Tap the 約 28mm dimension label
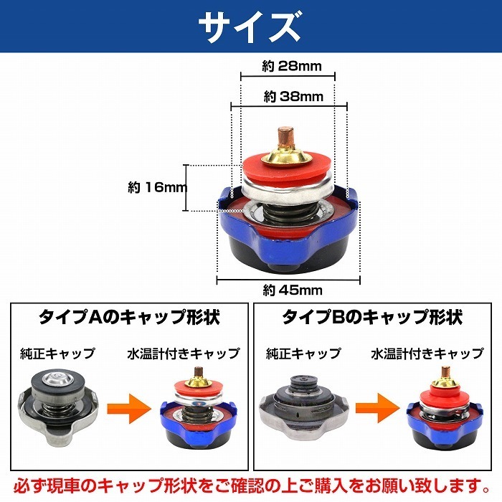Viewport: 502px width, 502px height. click(x=292, y=66)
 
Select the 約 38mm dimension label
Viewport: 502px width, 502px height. click(x=293, y=96)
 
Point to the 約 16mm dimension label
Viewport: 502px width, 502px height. click(x=157, y=188)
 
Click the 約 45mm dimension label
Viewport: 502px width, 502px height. click(x=293, y=290)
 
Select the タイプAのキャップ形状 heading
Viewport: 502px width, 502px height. click(x=129, y=317)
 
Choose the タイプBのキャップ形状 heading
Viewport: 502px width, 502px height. click(x=372, y=317)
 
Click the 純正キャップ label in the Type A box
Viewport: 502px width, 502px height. click(x=57, y=354)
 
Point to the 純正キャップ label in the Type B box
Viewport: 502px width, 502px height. click(x=303, y=354)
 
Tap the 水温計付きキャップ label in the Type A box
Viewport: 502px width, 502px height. click(x=184, y=354)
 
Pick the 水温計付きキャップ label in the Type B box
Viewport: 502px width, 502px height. click(x=427, y=354)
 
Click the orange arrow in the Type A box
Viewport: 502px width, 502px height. click(x=128, y=409)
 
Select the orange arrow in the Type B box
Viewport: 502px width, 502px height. click(x=378, y=407)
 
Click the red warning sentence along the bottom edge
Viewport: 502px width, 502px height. click(x=251, y=486)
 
